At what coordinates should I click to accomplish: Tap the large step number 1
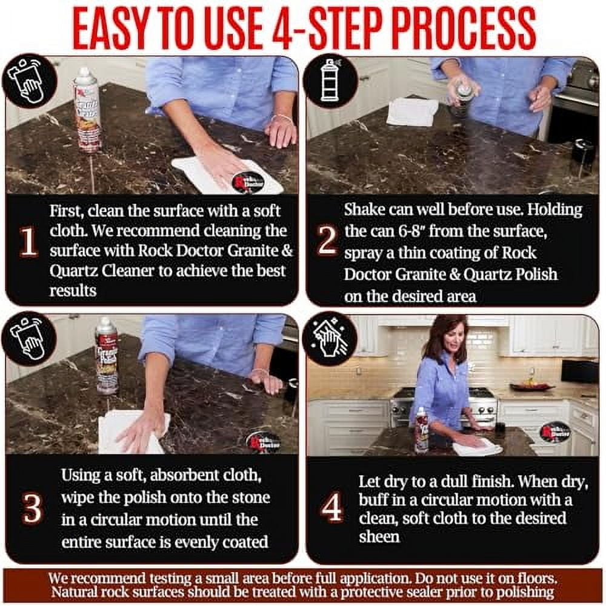point(28,242)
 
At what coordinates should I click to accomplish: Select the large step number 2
point(327,239)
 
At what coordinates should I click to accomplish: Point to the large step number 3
point(32,508)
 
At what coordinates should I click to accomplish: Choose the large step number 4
point(331,507)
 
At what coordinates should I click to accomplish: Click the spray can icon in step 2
point(328,81)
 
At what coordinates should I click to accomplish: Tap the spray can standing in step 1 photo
point(87,110)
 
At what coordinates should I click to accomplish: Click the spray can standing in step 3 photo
point(106,356)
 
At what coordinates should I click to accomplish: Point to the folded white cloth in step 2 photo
point(412,112)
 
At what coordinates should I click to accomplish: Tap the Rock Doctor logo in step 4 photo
point(555,431)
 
